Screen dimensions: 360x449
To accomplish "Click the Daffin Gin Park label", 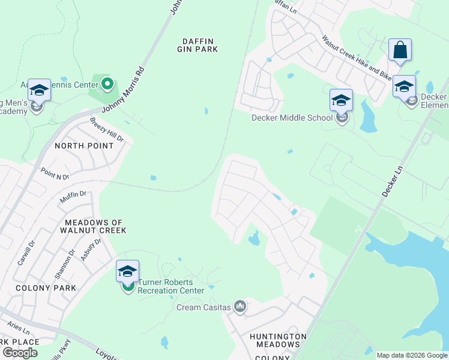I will pos(199,45).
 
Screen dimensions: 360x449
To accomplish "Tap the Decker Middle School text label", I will pos(292,118).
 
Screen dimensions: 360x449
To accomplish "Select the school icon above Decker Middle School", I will pos(341,100).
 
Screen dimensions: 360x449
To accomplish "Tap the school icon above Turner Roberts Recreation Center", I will pos(127,271).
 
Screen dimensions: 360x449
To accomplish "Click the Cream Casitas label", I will pos(203,307).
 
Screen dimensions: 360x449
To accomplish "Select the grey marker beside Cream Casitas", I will pos(240,307).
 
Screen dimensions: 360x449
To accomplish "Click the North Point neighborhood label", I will pos(84,146).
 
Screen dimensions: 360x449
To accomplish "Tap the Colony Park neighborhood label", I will pos(46,288).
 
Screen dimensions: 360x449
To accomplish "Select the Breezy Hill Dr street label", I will pos(106,130).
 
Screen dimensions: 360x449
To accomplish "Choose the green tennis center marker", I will pos(108,84).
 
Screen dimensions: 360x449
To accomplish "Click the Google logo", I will pos(20,353).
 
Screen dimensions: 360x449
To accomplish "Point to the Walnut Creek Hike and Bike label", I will pos(357,58).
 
